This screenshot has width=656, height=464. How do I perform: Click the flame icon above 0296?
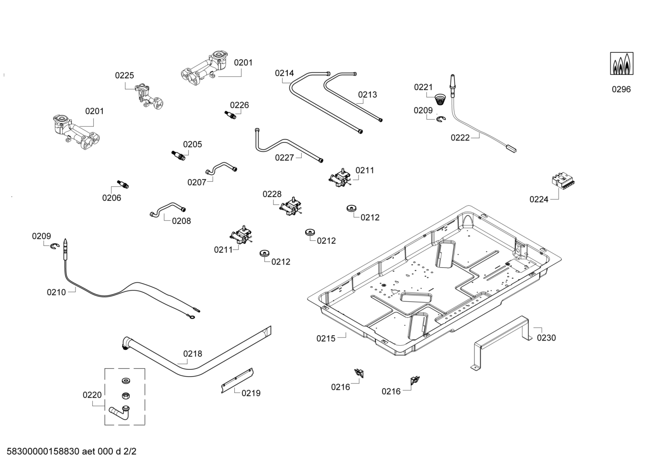click(622, 64)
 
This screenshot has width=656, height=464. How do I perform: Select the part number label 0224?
click(539, 199)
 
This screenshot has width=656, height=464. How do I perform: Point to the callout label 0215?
click(326, 338)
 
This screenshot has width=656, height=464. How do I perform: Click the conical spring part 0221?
click(439, 99)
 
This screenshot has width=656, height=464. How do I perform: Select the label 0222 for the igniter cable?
click(460, 138)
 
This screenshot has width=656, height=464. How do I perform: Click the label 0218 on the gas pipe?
click(192, 354)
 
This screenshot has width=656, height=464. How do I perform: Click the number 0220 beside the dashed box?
click(92, 395)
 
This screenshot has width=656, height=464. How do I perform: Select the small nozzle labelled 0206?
click(123, 184)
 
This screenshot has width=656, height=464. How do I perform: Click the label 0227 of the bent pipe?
click(284, 158)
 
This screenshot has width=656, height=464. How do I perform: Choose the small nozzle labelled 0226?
click(231, 114)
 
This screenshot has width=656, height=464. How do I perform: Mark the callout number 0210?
click(56, 292)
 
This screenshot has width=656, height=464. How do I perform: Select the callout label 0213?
click(367, 95)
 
